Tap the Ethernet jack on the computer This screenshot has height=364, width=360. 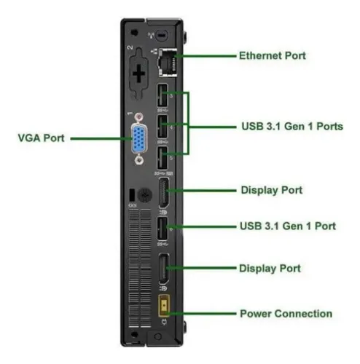[x=168, y=62]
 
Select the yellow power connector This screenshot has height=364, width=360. [x=164, y=306]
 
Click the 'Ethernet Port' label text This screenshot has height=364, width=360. [x=273, y=55]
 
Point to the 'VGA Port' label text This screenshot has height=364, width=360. [x=41, y=138]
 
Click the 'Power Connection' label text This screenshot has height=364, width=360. [x=286, y=314]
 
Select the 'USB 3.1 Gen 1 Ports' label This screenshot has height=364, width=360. [x=292, y=126]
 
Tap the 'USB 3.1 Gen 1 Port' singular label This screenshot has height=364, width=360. [x=288, y=226]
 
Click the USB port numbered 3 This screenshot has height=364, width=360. [x=163, y=95]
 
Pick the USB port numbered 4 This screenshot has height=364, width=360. [x=163, y=127]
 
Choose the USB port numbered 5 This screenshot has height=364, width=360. [x=163, y=158]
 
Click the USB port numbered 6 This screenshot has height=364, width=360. [x=163, y=229]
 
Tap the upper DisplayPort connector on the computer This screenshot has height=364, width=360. [x=164, y=193]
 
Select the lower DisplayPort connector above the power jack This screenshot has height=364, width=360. [x=164, y=269]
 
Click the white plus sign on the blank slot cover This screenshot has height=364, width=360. [x=139, y=74]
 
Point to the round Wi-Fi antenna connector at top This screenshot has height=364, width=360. [x=161, y=36]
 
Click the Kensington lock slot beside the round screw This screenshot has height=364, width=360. [x=132, y=195]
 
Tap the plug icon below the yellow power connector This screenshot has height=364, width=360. [x=164, y=323]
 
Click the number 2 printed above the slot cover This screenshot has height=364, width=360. [x=130, y=47]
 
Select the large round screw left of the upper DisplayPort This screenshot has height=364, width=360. [x=145, y=194]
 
